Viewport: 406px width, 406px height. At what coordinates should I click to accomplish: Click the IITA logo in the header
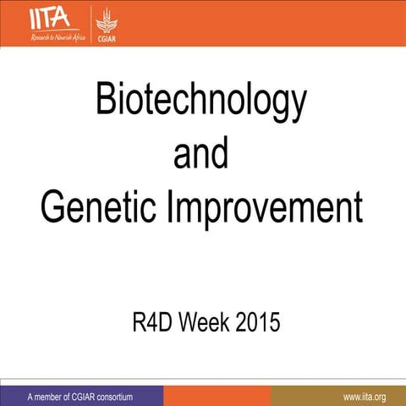coord(52,16)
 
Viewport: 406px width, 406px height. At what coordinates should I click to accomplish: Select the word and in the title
coord(200,154)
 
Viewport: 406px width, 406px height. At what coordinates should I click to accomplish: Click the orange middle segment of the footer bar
coord(217,396)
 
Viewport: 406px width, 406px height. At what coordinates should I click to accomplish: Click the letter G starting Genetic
coord(53,207)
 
